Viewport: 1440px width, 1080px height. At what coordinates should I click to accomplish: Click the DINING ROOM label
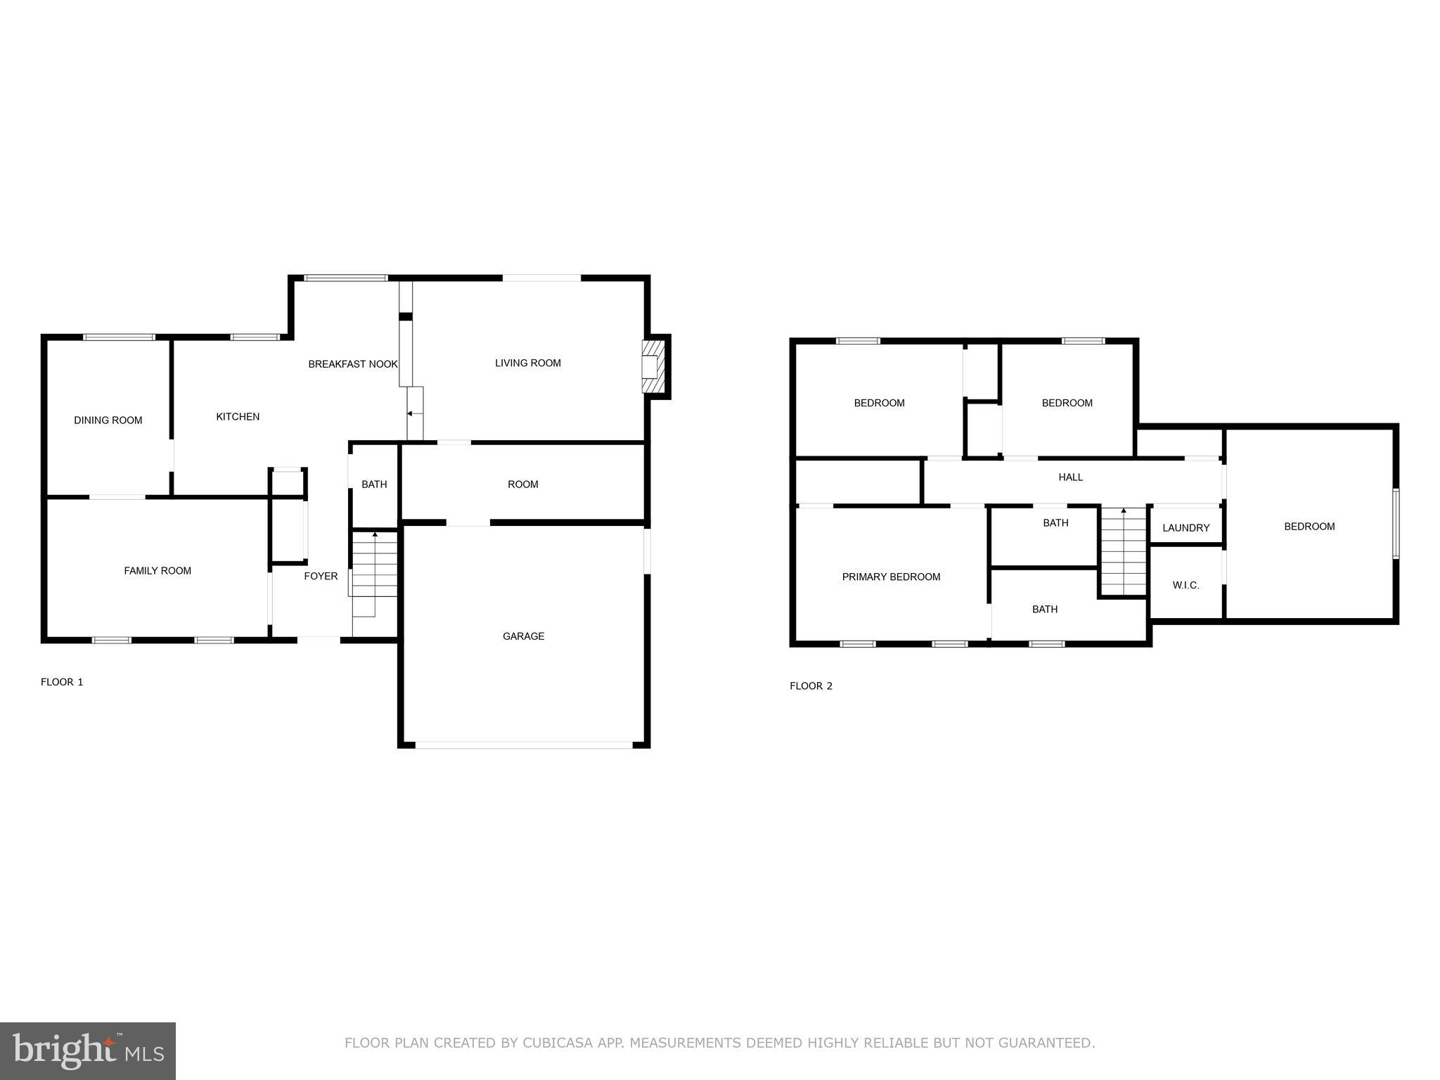[x=108, y=420]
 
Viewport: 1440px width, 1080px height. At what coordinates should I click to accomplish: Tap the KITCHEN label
[x=238, y=417]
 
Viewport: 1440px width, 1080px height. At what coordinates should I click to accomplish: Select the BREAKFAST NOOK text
[x=353, y=364]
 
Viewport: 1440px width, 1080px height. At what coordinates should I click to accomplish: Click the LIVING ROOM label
[x=527, y=364]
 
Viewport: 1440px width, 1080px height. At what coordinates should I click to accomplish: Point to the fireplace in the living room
[x=652, y=366]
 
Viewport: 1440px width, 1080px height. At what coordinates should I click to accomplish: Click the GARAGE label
[x=523, y=636]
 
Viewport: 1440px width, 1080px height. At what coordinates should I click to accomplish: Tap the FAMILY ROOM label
[x=157, y=571]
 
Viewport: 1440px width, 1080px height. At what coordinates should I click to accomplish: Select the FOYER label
[x=321, y=577]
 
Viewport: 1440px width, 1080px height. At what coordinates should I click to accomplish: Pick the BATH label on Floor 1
[x=374, y=484]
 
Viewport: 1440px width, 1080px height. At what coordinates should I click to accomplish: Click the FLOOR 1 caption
[x=62, y=682]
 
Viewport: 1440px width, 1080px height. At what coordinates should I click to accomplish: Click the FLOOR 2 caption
[x=811, y=686]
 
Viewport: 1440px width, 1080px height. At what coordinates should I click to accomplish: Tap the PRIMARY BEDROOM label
[x=891, y=577]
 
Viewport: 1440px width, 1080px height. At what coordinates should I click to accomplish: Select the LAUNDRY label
[x=1185, y=528]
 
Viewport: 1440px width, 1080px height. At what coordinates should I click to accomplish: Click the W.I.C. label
[x=1185, y=586]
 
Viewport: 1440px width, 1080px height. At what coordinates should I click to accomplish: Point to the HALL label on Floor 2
[x=1070, y=477]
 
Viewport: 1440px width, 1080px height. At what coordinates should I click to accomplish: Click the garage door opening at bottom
[x=523, y=745]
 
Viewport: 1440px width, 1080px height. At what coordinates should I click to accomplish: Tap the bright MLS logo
[x=88, y=1051]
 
